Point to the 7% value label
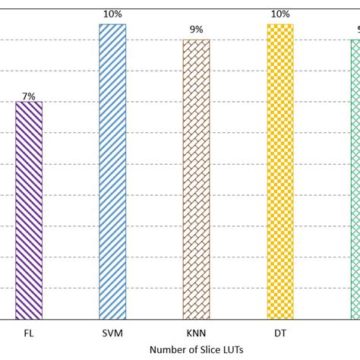[29, 96]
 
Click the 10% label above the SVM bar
[112, 14]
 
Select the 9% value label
[196, 30]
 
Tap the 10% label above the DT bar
[279, 14]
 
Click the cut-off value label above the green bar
[358, 30]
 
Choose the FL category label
[29, 333]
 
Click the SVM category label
[112, 333]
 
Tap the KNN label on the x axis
[196, 333]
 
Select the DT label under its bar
[279, 333]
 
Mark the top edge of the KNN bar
[196, 40]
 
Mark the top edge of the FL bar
[29, 102]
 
